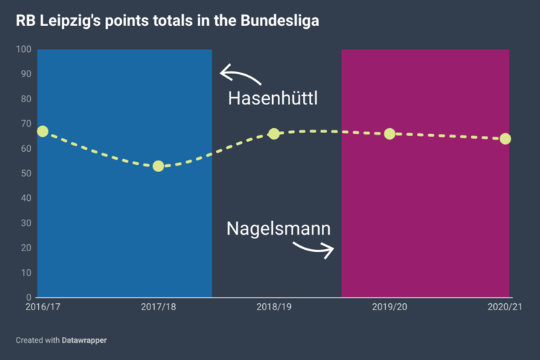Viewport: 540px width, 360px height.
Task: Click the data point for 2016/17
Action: coord(42,131)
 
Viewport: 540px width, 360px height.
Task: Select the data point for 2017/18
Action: coord(158,166)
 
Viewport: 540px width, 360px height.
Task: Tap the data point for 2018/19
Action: coord(274,134)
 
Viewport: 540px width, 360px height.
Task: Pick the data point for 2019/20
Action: coord(390,134)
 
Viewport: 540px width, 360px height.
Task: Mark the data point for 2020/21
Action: coord(505,139)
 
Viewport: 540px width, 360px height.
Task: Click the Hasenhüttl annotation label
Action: coord(273,99)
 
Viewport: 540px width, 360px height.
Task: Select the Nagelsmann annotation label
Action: coord(279,229)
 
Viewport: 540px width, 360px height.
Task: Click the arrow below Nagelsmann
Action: coord(314,249)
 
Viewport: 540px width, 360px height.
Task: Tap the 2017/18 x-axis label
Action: coord(158,307)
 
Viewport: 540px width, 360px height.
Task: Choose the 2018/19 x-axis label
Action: coord(274,307)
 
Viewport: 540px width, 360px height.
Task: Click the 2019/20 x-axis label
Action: coord(390,307)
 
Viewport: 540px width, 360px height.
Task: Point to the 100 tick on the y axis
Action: coord(24,49)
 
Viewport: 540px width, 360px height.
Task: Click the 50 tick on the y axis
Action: coord(26,174)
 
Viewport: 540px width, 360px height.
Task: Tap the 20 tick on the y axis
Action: coord(26,248)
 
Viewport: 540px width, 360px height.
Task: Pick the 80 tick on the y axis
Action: coord(26,99)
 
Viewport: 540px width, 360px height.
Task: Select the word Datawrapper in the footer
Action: coord(84,339)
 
